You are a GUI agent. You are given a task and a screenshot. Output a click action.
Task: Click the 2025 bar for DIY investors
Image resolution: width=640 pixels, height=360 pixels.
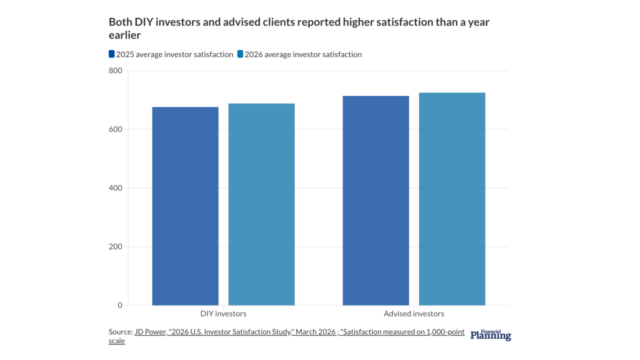[185, 206]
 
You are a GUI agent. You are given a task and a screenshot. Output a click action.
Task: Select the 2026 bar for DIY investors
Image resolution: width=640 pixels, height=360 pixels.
[261, 204]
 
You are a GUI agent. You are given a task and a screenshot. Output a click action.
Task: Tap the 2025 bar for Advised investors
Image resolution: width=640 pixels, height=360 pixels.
[375, 200]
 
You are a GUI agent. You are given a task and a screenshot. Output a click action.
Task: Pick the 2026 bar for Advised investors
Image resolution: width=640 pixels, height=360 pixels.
[452, 199]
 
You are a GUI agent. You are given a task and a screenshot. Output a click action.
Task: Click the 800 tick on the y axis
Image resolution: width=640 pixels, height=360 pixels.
[115, 70]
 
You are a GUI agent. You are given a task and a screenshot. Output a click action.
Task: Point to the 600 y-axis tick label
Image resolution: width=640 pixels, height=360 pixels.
[115, 129]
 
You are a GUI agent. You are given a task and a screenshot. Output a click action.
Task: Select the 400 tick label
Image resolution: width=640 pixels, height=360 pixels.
[115, 188]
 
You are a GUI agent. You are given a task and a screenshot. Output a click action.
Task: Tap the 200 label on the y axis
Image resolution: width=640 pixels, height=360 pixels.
[115, 246]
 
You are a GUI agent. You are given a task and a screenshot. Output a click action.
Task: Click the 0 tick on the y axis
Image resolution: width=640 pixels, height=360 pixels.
[119, 305]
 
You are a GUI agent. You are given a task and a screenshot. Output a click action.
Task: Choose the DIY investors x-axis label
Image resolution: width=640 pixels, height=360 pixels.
[223, 314]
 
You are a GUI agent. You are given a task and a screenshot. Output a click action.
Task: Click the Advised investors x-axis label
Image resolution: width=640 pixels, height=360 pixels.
[413, 314]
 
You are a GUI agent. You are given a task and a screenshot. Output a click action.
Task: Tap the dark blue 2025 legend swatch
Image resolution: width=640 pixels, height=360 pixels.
[111, 54]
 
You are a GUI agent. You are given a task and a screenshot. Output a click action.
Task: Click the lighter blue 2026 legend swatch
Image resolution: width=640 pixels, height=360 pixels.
[240, 54]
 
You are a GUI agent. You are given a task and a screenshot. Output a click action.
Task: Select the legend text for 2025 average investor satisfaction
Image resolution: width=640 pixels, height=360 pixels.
[174, 54]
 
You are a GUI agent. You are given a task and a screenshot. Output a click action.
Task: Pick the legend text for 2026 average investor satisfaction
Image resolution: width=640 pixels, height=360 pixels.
[303, 54]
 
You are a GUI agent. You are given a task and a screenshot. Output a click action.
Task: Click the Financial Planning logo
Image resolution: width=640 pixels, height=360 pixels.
[490, 335]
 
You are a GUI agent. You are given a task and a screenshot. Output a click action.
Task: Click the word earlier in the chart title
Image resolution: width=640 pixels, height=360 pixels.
[124, 35]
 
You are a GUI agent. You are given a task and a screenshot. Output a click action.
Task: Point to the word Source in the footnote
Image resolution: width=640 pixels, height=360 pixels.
[120, 332]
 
